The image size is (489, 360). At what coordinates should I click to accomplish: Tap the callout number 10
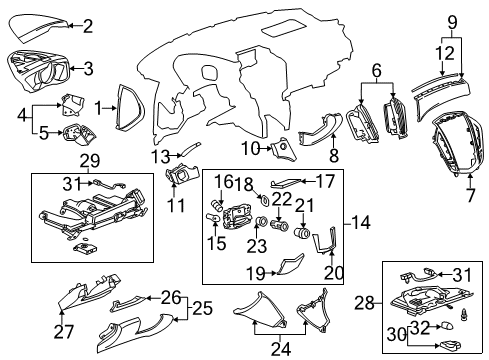coord(250,149)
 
